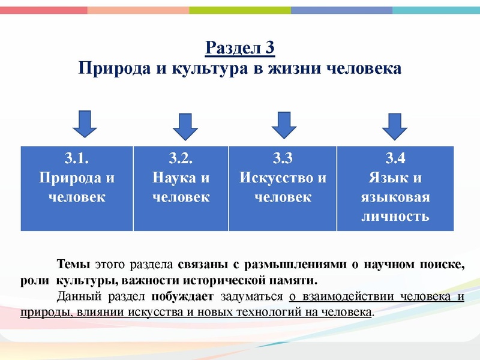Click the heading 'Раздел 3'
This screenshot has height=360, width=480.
pyautogui.click(x=240, y=47)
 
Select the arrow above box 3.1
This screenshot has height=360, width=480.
pyautogui.click(x=85, y=123)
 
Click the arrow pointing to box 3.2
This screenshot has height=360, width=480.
pyautogui.click(x=185, y=126)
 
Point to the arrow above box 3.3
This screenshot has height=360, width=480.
pyautogui.click(x=284, y=124)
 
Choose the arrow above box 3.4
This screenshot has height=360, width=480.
pyautogui.click(x=395, y=126)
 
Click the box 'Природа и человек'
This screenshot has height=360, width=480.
pyautogui.click(x=77, y=188)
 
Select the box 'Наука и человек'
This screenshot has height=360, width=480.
pyautogui.click(x=181, y=188)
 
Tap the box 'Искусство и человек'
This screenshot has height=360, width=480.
pyautogui.click(x=283, y=188)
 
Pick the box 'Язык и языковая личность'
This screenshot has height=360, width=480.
pyautogui.click(x=395, y=188)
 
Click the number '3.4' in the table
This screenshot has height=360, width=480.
pyautogui.click(x=395, y=158)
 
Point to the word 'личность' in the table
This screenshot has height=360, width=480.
pyautogui.click(x=395, y=216)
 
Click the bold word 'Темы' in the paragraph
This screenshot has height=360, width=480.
pyautogui.click(x=73, y=265)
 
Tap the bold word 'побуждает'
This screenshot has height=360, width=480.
pyautogui.click(x=182, y=296)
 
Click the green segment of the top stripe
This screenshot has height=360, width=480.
pyautogui.click(x=240, y=10)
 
